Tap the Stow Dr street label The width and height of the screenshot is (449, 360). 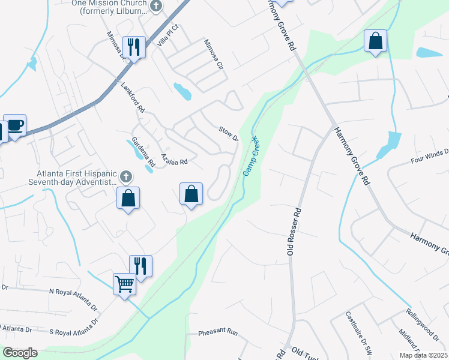tap(229, 134)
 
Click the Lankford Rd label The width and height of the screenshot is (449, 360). tap(133, 98)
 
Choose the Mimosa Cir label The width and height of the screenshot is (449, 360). tap(212, 53)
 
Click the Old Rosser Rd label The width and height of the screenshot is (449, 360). tap(294, 232)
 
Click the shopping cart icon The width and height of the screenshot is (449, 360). tap(125, 283)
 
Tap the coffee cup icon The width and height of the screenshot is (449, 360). tap(14, 125)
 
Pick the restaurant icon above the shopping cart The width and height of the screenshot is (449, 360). tap(140, 266)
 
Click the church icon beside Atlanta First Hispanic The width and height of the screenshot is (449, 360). tap(125, 176)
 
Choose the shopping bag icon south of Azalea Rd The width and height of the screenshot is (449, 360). tap(191, 194)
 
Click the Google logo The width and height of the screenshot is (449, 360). tap(19, 353)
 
